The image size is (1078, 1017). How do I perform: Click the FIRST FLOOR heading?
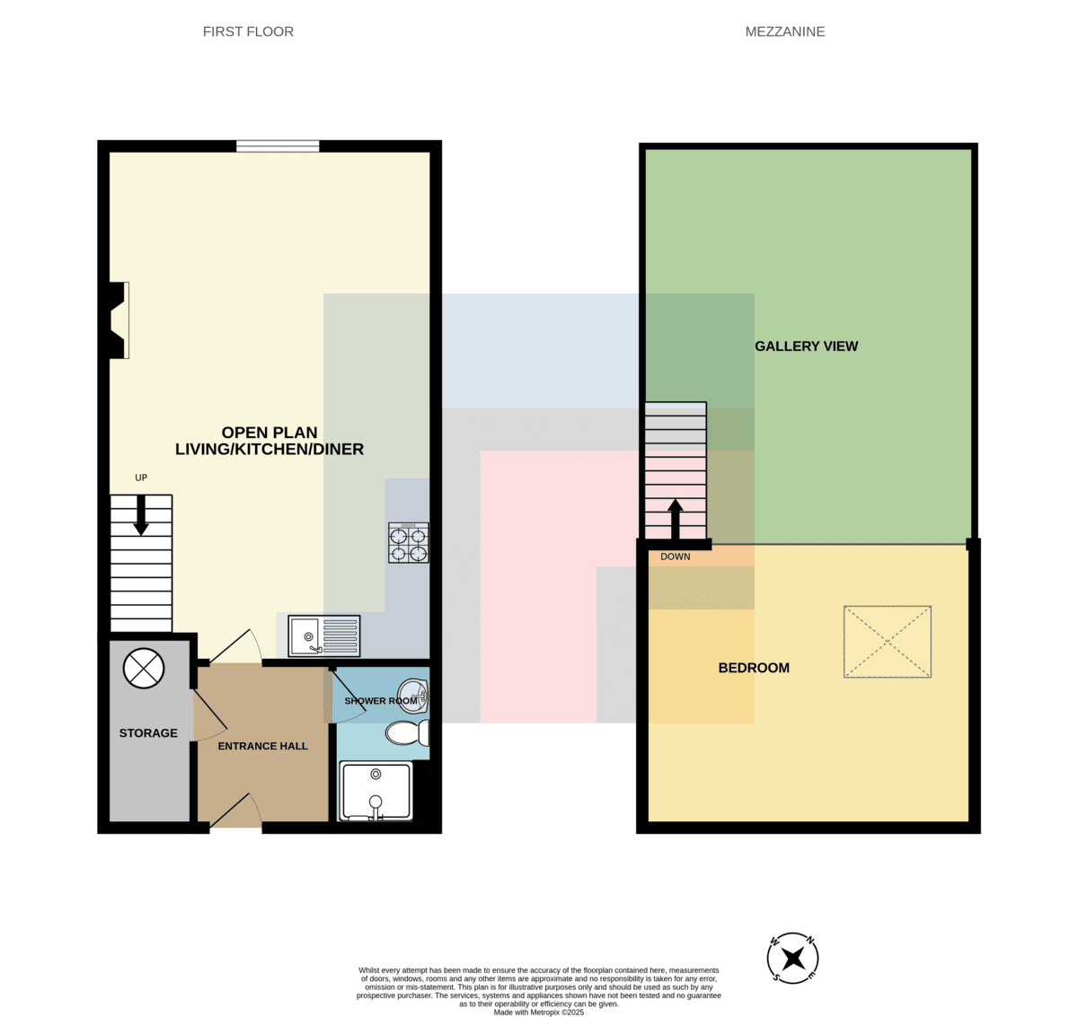248,31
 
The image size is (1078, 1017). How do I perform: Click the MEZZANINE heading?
785,31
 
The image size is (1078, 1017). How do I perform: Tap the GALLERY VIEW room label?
806,346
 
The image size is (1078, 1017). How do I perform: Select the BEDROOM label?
754,668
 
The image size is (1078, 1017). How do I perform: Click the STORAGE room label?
148,732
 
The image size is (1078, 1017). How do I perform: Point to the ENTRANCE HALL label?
262,746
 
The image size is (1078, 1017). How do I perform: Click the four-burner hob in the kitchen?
408,542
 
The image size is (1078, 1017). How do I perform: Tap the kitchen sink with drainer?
324,636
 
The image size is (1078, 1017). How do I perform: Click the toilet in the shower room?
407,732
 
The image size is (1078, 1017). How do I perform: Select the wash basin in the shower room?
413,696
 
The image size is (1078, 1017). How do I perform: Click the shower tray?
376,791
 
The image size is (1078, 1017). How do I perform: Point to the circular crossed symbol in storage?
144,669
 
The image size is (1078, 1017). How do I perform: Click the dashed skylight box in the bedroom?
887,642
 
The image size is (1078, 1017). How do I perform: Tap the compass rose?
792,959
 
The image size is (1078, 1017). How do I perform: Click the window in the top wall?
278,146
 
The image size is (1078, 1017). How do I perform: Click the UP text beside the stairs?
141,478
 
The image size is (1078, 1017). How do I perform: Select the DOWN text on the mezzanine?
676,557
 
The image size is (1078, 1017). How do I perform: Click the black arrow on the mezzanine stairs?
676,519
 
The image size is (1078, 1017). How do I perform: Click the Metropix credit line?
538,1013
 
